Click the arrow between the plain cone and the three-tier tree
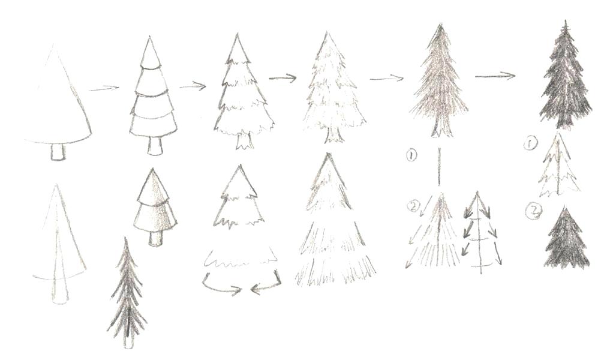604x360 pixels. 104,89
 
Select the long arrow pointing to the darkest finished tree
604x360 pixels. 495,76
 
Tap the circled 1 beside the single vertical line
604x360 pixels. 411,156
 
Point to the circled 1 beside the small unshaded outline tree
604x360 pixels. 530,144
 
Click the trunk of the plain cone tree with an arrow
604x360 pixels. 57,152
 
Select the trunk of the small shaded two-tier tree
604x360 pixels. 155,238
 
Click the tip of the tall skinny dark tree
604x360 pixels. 125,240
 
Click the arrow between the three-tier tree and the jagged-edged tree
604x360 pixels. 193,86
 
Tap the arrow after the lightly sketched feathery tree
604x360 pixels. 386,78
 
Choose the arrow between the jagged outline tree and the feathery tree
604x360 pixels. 283,77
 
